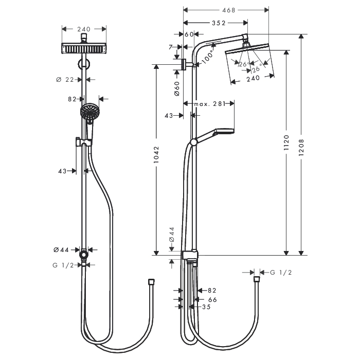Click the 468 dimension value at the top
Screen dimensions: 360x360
pos(229,10)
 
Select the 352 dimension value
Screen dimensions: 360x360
pos(219,23)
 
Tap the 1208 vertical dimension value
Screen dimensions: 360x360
pos(301,148)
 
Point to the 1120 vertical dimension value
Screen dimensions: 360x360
pos(286,143)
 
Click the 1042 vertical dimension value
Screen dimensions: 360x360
pos(156,154)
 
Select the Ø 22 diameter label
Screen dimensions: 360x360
pos(65,80)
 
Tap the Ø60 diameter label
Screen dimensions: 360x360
pos(177,88)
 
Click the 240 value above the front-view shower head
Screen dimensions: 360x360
pos(84,29)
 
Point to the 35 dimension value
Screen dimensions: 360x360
pos(206,307)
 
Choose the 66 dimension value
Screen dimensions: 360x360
pos(212,300)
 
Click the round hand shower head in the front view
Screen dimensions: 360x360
pos(90,112)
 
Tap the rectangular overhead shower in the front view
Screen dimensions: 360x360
pos(84,48)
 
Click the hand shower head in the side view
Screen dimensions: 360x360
pos(224,132)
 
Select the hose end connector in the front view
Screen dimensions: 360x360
pos(151,282)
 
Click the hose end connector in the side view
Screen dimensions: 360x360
pos(257,279)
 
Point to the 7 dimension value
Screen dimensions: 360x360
pos(170,47)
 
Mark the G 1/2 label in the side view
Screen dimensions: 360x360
pos(281,273)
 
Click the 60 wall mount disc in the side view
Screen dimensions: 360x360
pos(184,64)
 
